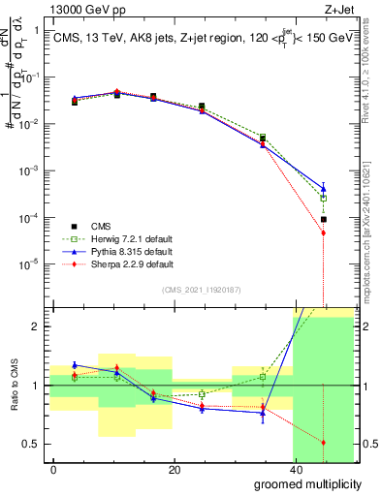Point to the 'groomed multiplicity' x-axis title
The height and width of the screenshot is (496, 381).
307,483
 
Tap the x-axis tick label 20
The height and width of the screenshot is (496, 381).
174,469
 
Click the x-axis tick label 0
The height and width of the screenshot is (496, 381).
53,469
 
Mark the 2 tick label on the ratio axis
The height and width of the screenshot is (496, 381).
36,326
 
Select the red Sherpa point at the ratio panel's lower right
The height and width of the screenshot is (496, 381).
323,442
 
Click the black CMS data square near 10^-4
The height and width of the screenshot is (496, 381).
323,220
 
